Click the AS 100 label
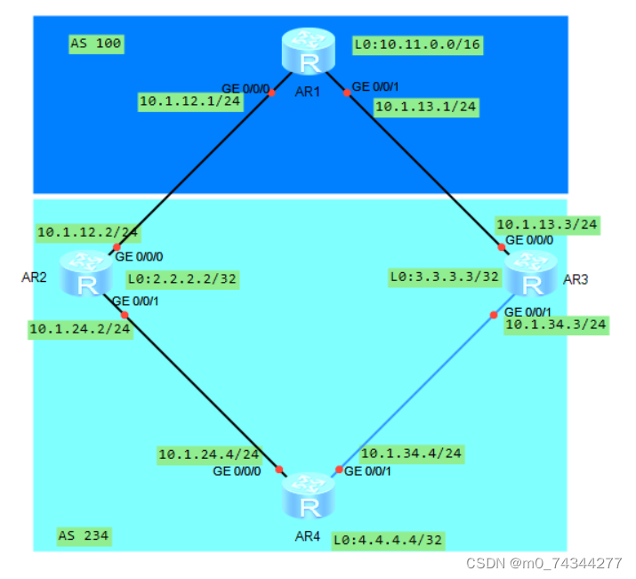pos(96,43)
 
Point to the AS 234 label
pos(84,535)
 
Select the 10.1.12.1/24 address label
pos(190,101)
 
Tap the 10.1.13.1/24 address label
pos(426,107)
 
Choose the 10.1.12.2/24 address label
pos(87,232)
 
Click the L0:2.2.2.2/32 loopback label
pos(182,278)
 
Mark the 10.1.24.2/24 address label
pos(80,329)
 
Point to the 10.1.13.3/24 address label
pos(547,225)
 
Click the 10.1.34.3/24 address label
pos(556,325)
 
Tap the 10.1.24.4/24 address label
pos(208,454)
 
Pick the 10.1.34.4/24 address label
pos(412,454)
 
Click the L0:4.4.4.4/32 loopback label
pos(388,540)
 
